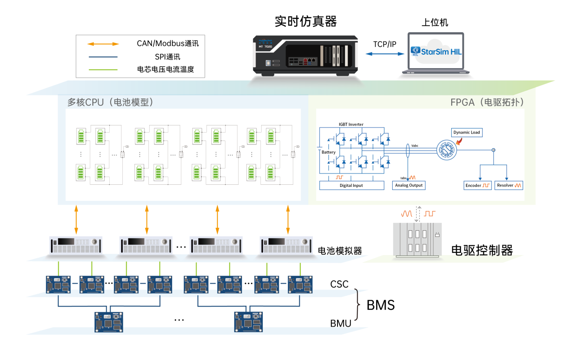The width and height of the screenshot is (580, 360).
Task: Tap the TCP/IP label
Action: point(384,44)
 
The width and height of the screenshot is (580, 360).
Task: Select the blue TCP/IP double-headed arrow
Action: point(384,54)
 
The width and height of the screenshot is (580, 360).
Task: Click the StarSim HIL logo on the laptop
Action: point(436,51)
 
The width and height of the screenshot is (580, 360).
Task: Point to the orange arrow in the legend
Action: point(103,44)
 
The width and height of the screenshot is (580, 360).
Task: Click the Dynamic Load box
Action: point(467,132)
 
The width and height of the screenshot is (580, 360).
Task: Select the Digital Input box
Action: point(351,185)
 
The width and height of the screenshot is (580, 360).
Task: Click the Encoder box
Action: point(477,185)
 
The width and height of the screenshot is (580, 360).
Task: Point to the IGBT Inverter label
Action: point(351,124)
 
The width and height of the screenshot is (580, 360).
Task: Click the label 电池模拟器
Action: point(340,251)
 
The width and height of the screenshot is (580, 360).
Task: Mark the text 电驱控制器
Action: point(482,250)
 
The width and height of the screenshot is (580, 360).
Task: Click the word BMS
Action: point(380,305)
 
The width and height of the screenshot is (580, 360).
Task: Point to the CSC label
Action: point(339,285)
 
